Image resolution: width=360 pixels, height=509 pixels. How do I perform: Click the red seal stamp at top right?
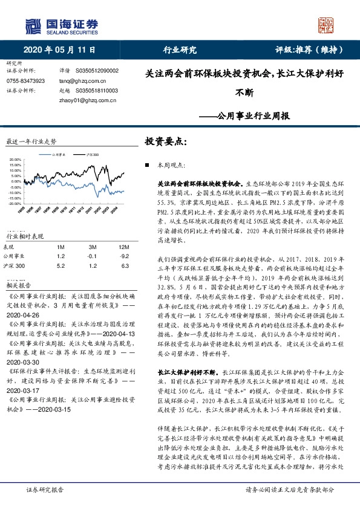tap(325, 25)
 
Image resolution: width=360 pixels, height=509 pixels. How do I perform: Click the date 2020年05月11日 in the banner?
tap(53, 50)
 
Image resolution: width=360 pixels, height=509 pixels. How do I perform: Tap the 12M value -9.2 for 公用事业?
tap(125, 255)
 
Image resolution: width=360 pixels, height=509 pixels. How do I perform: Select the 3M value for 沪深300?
tap(93, 265)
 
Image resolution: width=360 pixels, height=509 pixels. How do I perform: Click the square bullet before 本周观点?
tap(147, 164)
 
